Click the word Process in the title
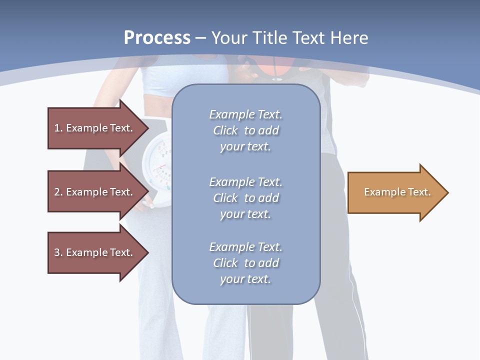pos(157,37)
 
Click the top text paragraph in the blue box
pos(245,130)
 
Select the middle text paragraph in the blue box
pos(245,198)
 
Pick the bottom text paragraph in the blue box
pos(245,263)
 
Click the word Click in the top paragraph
pos(225,130)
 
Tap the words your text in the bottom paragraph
pos(245,279)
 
